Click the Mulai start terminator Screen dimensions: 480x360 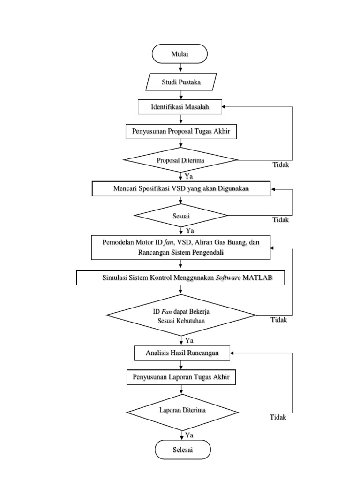tap(180, 53)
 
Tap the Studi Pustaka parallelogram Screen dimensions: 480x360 tap(181, 82)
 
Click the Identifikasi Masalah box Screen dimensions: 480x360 tap(180, 107)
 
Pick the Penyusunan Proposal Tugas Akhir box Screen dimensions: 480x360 tap(180, 132)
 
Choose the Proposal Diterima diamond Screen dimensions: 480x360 tap(180, 160)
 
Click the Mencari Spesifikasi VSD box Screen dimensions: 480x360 tap(181, 189)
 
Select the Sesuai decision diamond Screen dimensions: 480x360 tap(181, 216)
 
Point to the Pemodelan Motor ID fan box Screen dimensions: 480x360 tap(181, 247)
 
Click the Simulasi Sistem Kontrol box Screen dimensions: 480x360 tap(181, 277)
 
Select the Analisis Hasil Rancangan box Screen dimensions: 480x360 tap(182, 353)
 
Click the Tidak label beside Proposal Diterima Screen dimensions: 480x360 tap(281, 165)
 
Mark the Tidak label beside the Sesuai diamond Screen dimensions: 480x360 tap(281, 220)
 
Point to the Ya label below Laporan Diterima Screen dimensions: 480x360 tap(189, 435)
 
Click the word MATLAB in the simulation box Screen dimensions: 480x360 tap(260, 277)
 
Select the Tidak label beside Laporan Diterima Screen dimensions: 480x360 tap(277, 417)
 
